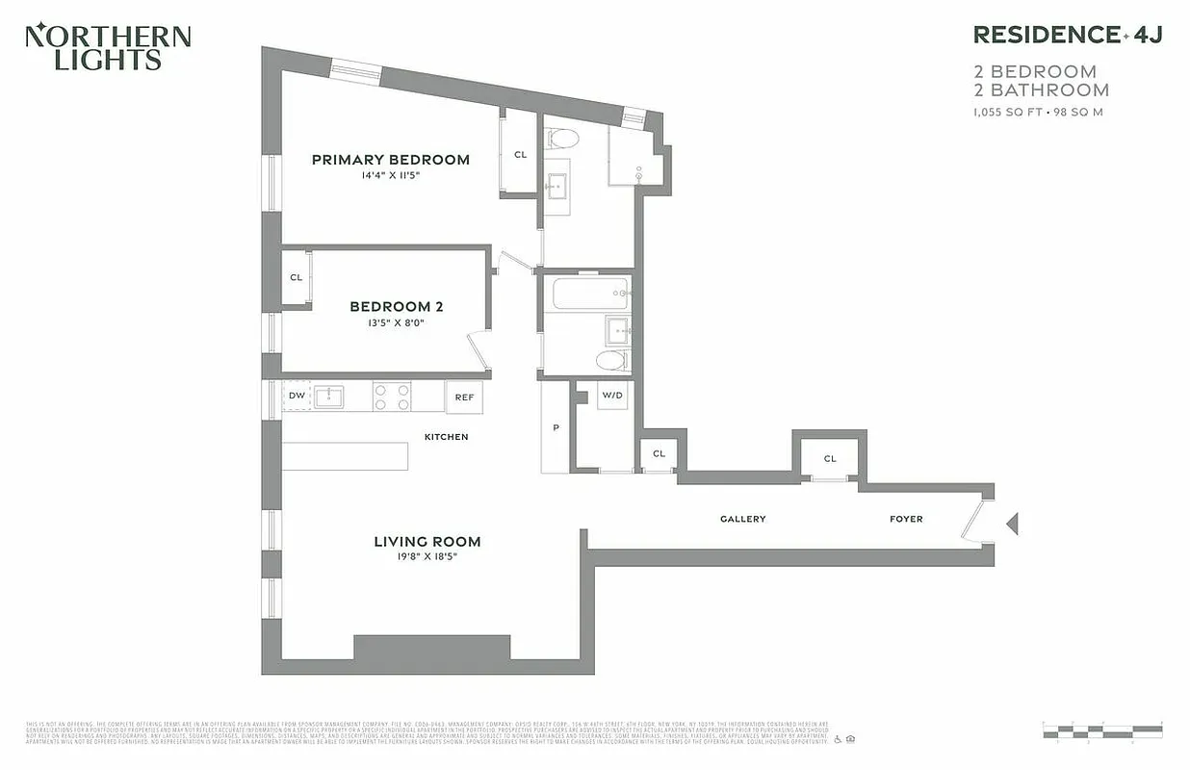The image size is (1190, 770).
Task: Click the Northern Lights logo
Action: click(x=108, y=47)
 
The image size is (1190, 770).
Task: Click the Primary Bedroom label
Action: click(x=390, y=160)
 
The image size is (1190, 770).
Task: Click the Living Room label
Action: click(x=427, y=542)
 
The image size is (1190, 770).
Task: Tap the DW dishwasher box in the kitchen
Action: click(x=296, y=396)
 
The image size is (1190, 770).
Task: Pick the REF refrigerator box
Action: click(x=464, y=397)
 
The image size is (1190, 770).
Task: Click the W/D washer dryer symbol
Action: click(x=612, y=396)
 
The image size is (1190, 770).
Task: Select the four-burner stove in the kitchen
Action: click(x=392, y=397)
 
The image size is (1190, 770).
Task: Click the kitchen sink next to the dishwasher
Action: click(x=330, y=396)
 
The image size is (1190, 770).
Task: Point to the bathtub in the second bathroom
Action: click(x=591, y=293)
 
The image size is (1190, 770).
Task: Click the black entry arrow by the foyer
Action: click(x=1012, y=525)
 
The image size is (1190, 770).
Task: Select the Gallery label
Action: click(x=742, y=519)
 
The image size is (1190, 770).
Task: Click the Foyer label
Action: click(x=905, y=519)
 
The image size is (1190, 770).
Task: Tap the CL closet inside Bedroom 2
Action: click(x=297, y=277)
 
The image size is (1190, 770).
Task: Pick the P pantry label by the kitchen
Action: click(x=556, y=428)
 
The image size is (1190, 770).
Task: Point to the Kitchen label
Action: click(x=446, y=437)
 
